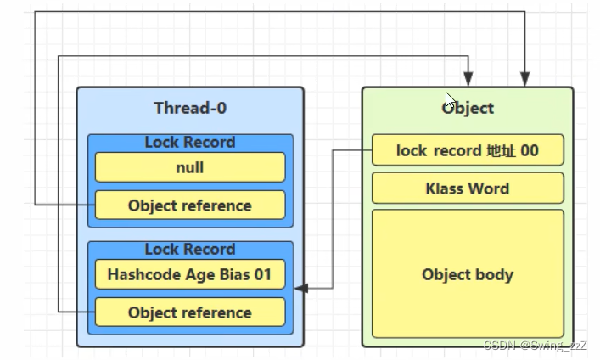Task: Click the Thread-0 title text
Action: pyautogui.click(x=190, y=108)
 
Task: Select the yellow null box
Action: pyautogui.click(x=190, y=167)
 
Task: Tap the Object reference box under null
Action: pyautogui.click(x=190, y=205)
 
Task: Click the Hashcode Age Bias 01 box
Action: pyautogui.click(x=190, y=274)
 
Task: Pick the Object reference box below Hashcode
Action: pyautogui.click(x=190, y=312)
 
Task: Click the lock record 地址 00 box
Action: pyautogui.click(x=468, y=150)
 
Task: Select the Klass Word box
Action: pyautogui.click(x=468, y=188)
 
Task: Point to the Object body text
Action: pyautogui.click(x=468, y=274)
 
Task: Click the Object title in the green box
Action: pyautogui.click(x=468, y=108)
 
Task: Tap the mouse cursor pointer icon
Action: pyautogui.click(x=449, y=100)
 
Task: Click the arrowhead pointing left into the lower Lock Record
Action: pyautogui.click(x=301, y=288)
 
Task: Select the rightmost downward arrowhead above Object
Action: pyautogui.click(x=525, y=79)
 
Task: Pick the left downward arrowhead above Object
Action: pyautogui.click(x=468, y=79)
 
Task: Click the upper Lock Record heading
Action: pyautogui.click(x=190, y=142)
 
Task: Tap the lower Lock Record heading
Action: pyautogui.click(x=190, y=250)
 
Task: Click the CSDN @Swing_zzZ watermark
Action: pyautogui.click(x=535, y=346)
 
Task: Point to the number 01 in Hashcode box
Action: pyautogui.click(x=263, y=274)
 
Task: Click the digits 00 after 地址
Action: pyautogui.click(x=530, y=150)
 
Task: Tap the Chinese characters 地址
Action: pyautogui.click(x=502, y=150)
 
